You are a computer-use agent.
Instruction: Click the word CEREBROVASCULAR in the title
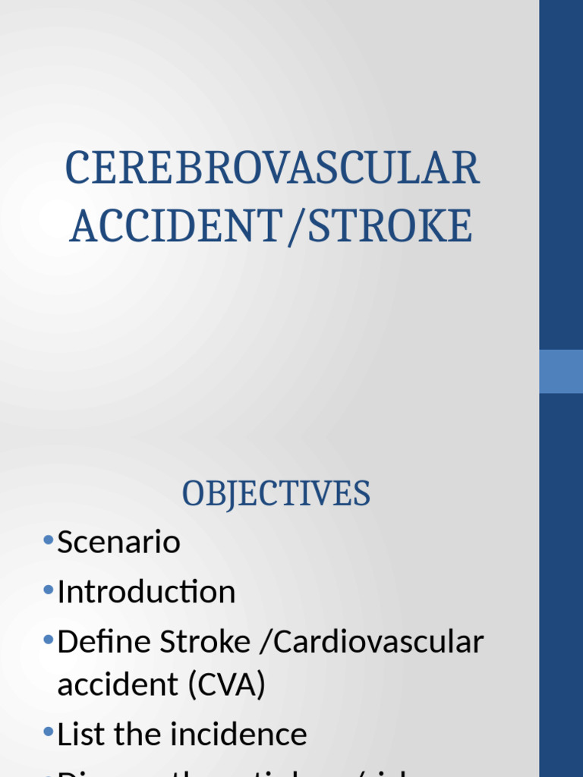[273, 168]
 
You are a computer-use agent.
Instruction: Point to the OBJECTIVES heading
[276, 494]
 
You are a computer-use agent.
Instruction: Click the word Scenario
[119, 543]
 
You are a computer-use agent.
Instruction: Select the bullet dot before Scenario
[49, 541]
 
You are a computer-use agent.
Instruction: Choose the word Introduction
[147, 592]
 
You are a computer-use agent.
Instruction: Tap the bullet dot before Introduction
[49, 590]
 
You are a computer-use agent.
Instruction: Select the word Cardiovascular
[378, 642]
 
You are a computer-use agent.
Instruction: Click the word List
[80, 735]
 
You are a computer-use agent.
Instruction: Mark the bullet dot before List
[49, 733]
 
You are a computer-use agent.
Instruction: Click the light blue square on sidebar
[561, 371]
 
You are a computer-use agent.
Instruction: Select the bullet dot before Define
[49, 640]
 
